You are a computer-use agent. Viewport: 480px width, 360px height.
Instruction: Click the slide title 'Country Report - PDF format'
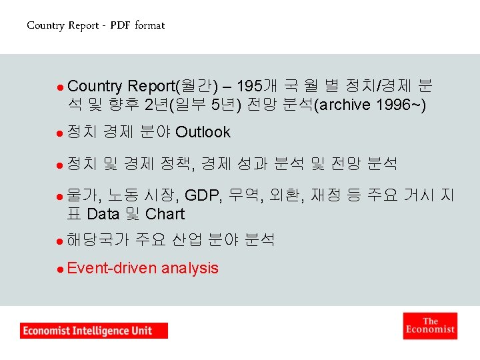pos(95,25)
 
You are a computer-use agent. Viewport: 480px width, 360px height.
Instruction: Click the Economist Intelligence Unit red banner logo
pos(94,331)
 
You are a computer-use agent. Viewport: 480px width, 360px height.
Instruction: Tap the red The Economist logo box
pos(430,325)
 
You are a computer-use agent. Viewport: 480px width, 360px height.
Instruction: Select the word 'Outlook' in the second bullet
pos(203,133)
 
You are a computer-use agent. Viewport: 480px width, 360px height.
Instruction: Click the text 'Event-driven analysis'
pos(143,268)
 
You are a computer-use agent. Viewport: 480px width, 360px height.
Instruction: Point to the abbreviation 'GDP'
pos(203,195)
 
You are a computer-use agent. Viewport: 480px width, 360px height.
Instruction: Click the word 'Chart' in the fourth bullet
pos(165,214)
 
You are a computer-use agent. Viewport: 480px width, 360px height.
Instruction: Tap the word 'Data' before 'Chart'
pos(103,214)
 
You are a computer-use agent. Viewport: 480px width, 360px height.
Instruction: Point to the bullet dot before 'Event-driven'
pos(60,269)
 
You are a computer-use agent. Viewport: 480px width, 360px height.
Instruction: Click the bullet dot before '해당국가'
pos(60,240)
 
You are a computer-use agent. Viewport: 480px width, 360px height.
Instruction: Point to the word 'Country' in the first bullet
pos(95,86)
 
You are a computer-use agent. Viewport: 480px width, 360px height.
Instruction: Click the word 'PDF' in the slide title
pos(120,25)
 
